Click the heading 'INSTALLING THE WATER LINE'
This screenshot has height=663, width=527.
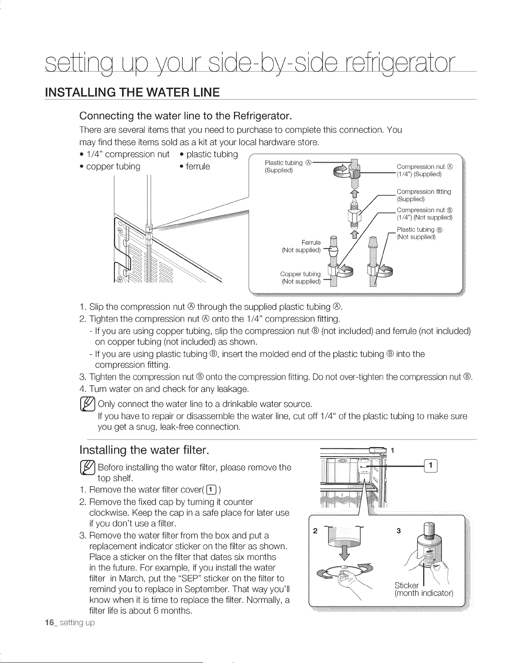pyautogui.click(x=132, y=92)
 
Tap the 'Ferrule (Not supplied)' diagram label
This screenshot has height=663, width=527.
pyautogui.click(x=302, y=246)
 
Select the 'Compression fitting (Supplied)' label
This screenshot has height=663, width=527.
pyautogui.click(x=424, y=196)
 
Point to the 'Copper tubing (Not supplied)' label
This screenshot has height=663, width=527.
pyautogui.click(x=300, y=278)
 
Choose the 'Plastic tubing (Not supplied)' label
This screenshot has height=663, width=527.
pyautogui.click(x=420, y=233)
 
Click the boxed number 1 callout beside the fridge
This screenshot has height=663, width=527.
pyautogui.click(x=431, y=466)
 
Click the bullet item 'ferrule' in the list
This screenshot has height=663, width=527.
pyautogui.click(x=195, y=166)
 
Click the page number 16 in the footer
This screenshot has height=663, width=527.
pyautogui.click(x=49, y=623)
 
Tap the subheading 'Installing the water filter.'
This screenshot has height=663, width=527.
pyautogui.click(x=144, y=450)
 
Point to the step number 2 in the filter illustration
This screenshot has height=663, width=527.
pyautogui.click(x=315, y=531)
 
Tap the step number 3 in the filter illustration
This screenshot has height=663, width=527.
pyautogui.click(x=399, y=531)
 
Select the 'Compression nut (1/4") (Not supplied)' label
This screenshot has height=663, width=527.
pyautogui.click(x=424, y=213)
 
